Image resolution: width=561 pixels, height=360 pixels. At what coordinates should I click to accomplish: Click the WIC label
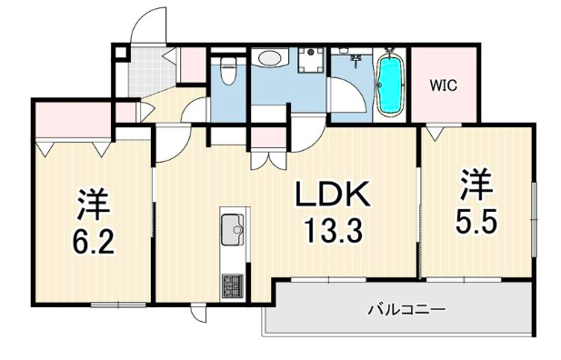pyautogui.click(x=443, y=85)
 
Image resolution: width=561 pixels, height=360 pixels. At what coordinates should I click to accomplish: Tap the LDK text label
pyautogui.click(x=332, y=194)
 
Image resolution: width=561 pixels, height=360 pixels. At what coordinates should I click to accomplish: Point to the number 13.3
pyautogui.click(x=333, y=231)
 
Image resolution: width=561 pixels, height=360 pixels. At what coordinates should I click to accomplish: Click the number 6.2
pyautogui.click(x=93, y=242)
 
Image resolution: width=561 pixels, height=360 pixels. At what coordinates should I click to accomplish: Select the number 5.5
pyautogui.click(x=476, y=221)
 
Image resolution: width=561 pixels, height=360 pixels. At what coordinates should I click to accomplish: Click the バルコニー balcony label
pyautogui.click(x=406, y=309)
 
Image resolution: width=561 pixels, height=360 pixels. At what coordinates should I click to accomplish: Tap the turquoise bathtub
pyautogui.click(x=390, y=85)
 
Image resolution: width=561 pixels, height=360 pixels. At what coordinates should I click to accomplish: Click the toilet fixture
pyautogui.click(x=227, y=71)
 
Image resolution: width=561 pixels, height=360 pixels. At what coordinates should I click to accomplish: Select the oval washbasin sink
pyautogui.click(x=270, y=58)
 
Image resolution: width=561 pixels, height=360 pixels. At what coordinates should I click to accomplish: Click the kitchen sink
pyautogui.click(x=232, y=229)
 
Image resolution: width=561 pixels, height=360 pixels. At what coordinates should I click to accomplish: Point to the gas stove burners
pyautogui.click(x=232, y=286)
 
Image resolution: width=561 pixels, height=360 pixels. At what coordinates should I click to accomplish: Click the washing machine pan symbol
pyautogui.click(x=311, y=61)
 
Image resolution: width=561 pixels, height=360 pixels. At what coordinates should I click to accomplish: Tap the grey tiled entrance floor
pyautogui.click(x=153, y=72)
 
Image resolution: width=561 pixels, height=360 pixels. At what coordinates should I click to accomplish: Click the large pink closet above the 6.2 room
pyautogui.click(x=74, y=120)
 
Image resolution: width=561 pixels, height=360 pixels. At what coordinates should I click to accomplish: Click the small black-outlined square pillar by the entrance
pyautogui.click(x=121, y=53)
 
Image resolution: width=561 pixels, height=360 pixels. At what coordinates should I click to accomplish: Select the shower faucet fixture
pyautogui.click(x=356, y=61)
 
